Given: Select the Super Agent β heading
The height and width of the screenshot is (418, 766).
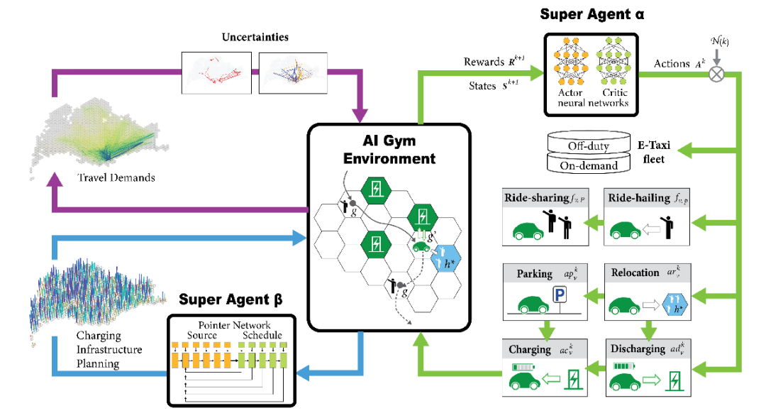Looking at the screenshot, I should pos(231,299).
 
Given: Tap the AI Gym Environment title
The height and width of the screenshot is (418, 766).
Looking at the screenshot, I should pos(389,149).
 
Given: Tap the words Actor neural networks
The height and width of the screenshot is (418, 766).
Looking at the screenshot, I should pos(571,98).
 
